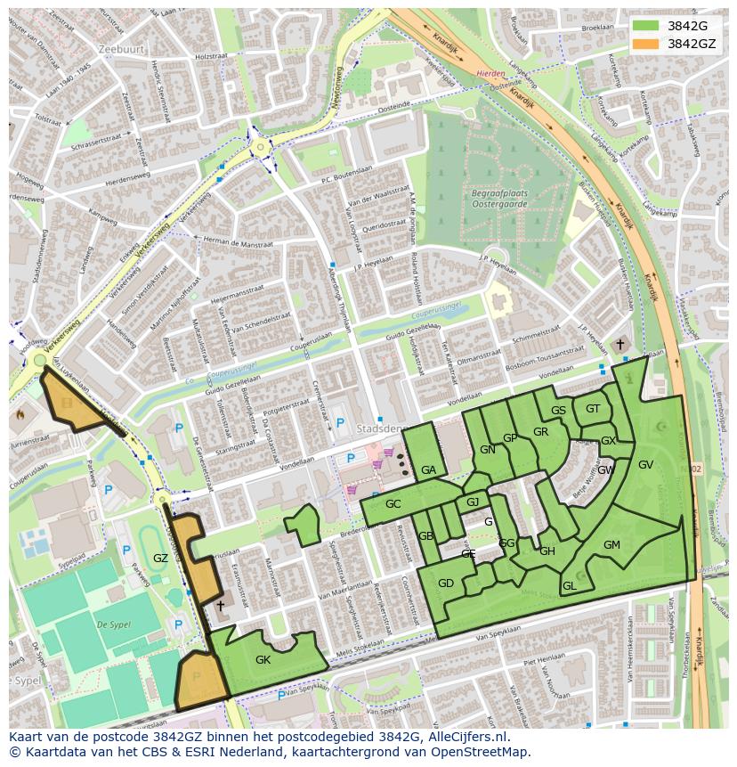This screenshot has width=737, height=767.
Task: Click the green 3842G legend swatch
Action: tap(646, 26)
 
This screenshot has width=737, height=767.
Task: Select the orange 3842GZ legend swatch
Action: tap(646, 44)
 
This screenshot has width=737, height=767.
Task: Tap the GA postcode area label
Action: tap(428, 470)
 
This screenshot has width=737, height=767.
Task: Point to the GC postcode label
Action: tap(393, 504)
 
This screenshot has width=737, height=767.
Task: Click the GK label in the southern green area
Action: tap(263, 660)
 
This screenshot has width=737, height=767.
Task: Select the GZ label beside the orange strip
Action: tap(160, 559)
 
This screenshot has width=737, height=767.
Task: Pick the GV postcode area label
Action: tap(645, 465)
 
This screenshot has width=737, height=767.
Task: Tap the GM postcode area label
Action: tap(611, 545)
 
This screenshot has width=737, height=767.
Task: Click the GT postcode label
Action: tap(593, 409)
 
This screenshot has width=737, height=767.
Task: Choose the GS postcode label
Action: tap(558, 411)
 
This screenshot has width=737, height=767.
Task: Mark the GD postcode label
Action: tap(446, 583)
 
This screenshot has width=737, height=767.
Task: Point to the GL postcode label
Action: tap(569, 586)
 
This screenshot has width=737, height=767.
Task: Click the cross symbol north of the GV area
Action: tap(620, 345)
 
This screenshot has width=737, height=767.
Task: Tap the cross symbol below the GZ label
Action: tap(221, 606)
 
